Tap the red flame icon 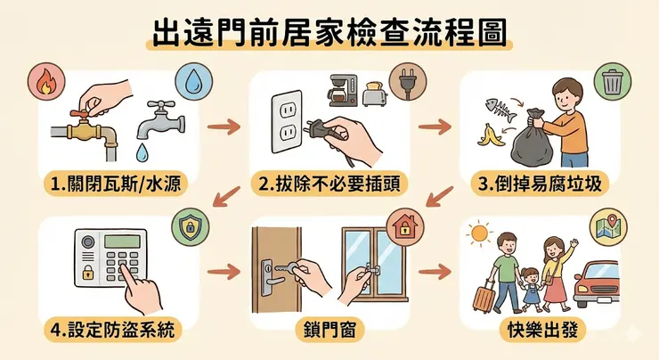coord(45,81)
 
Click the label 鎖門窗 coord(329,329)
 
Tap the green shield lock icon coord(191,225)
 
